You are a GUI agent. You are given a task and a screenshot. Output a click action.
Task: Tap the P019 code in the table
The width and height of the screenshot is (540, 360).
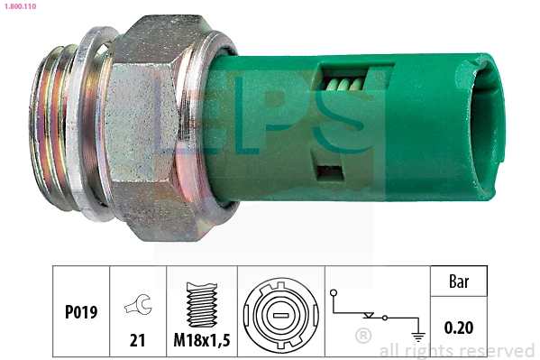(x=80, y=313)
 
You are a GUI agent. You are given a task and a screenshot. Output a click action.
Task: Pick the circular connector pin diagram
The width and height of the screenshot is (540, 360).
(x=279, y=312)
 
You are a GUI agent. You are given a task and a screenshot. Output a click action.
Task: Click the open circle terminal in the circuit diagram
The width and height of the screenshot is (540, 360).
(x=334, y=293)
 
